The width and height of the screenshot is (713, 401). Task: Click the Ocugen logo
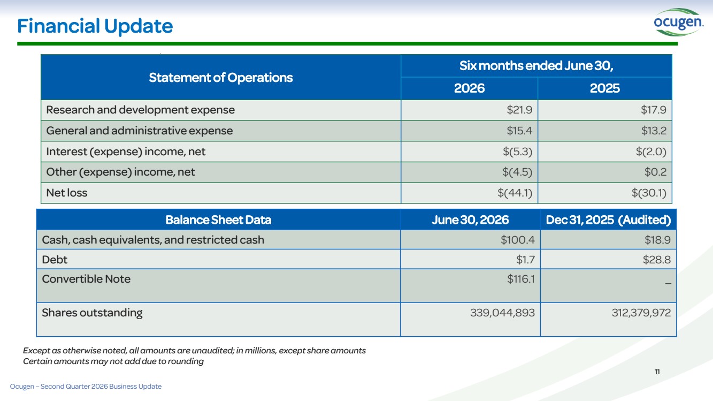pyautogui.click(x=678, y=22)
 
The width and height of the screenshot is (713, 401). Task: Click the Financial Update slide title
pyautogui.click(x=95, y=26)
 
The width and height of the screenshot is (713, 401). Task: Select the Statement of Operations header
pyautogui.click(x=220, y=78)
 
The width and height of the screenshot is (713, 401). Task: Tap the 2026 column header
pyautogui.click(x=469, y=88)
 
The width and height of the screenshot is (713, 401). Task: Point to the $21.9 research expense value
pyautogui.click(x=519, y=110)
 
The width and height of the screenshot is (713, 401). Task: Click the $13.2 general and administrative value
pyautogui.click(x=654, y=131)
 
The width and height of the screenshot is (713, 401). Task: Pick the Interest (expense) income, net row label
pyautogui.click(x=126, y=152)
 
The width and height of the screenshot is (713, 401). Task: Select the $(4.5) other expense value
pyautogui.click(x=517, y=172)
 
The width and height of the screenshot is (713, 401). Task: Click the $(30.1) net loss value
pyautogui.click(x=649, y=193)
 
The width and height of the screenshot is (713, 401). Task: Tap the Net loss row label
pyautogui.click(x=66, y=193)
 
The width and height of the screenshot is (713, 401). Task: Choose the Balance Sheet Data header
pyautogui.click(x=218, y=220)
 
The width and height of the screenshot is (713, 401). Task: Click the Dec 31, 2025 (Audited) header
pyautogui.click(x=608, y=220)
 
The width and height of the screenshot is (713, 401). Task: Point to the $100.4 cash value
pyautogui.click(x=518, y=240)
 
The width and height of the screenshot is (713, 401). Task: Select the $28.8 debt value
pyautogui.click(x=657, y=260)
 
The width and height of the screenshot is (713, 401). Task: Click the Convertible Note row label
pyautogui.click(x=86, y=279)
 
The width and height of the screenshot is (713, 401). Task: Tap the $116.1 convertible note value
pyautogui.click(x=521, y=279)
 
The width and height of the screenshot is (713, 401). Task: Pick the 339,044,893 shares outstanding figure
pyautogui.click(x=502, y=313)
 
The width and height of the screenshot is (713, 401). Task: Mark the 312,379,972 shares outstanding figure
pyautogui.click(x=641, y=313)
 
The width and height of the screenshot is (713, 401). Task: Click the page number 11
pyautogui.click(x=657, y=372)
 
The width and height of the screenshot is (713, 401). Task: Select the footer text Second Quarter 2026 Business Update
pyautogui.click(x=101, y=387)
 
